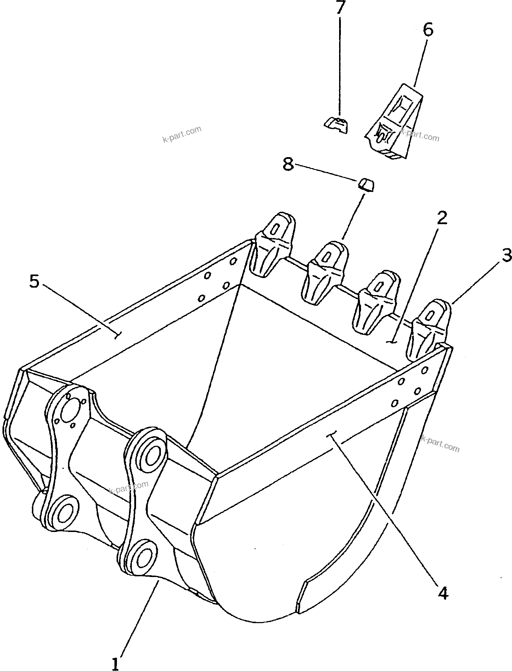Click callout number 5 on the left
tap(34, 282)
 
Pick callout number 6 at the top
tap(428, 30)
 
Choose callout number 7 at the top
tap(340, 7)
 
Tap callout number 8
tap(288, 164)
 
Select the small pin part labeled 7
tap(337, 125)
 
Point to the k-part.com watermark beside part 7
tap(182, 134)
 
